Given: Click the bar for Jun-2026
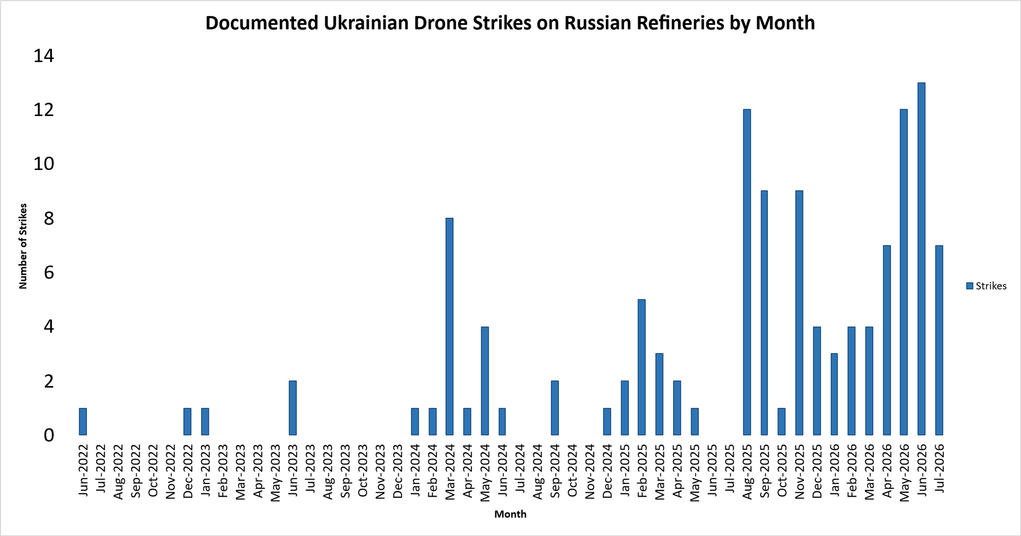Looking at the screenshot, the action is click(922, 259).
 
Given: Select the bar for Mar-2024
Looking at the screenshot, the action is click(449, 327).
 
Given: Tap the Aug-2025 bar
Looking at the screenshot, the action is click(747, 272).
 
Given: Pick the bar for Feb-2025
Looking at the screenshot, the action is click(642, 367).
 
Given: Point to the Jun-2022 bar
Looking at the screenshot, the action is click(83, 422).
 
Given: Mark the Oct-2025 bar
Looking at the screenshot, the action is click(782, 422).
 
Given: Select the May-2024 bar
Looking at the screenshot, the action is click(485, 381).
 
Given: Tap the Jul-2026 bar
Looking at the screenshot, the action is click(939, 341).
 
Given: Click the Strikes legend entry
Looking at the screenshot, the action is click(986, 286).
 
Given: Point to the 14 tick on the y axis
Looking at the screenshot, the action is click(44, 56).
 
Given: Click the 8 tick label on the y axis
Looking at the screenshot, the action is click(49, 219).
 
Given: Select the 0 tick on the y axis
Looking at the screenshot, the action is click(49, 435).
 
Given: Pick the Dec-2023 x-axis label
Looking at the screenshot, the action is click(397, 471).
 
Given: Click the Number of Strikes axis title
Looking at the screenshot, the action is click(23, 246).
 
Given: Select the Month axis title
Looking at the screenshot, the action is click(510, 514).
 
